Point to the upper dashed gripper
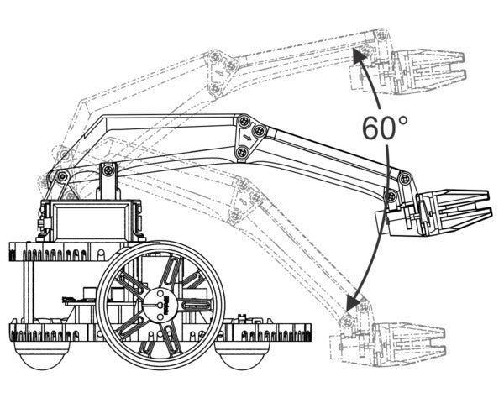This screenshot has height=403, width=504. pos(428,72)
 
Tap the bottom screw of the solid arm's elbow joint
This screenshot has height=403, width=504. pos(242,152)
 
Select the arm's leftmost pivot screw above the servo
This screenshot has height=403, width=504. pos(61,176)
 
